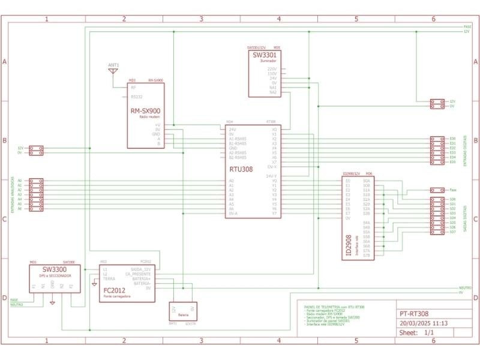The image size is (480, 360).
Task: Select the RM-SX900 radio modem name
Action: [145, 111]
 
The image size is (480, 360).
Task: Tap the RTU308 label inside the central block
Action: [241, 169]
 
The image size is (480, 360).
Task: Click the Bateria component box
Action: [182, 311]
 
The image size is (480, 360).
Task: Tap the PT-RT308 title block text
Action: [414, 313]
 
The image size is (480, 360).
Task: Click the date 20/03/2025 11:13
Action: [424, 323]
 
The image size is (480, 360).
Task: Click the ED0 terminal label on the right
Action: [452, 139]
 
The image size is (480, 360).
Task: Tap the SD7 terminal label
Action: [452, 232]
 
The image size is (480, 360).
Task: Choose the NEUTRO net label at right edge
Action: [464, 287]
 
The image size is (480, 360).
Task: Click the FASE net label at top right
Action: [467, 27]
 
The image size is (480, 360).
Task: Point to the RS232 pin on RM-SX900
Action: [137, 96]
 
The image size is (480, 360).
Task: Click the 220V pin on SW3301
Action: [272, 68]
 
